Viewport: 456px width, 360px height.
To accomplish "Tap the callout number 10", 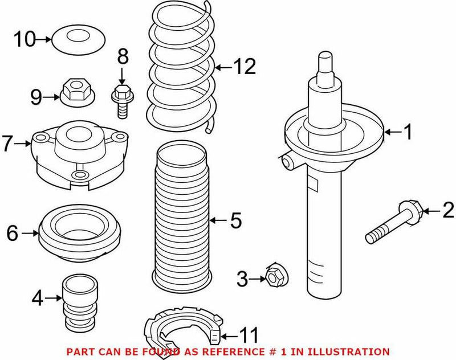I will (x=25, y=39).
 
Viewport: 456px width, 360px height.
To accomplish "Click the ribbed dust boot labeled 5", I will (x=181, y=216).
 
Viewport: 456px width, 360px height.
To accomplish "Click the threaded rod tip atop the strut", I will (x=325, y=62).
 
